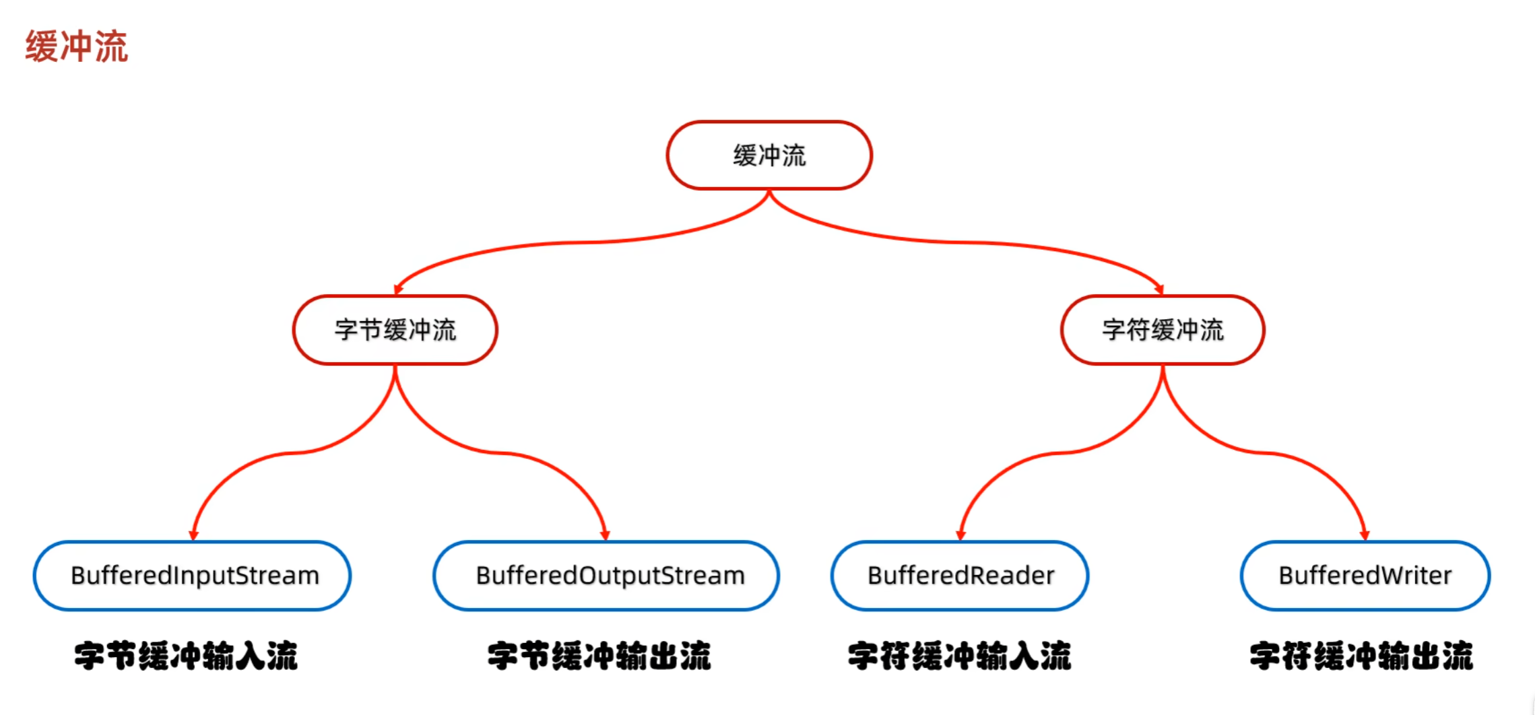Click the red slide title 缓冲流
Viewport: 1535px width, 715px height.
(77, 46)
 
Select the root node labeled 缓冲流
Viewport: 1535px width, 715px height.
(769, 156)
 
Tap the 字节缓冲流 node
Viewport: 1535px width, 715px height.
(395, 330)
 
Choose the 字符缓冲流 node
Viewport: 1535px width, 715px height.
(1163, 330)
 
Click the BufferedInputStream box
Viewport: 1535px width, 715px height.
(193, 576)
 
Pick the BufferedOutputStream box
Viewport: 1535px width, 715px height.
(606, 576)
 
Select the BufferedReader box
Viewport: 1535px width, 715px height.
(960, 576)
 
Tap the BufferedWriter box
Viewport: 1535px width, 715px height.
(1365, 576)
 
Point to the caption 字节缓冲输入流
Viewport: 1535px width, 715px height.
(186, 656)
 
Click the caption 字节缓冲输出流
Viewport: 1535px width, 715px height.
(599, 656)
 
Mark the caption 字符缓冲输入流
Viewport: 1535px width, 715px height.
(959, 656)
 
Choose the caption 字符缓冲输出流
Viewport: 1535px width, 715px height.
(1361, 656)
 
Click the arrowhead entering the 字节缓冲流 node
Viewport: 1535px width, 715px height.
(398, 290)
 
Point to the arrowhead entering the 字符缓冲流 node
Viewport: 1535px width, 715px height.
(1159, 290)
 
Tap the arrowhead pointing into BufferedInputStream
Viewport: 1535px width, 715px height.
(194, 535)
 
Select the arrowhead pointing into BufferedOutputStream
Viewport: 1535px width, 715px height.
(605, 535)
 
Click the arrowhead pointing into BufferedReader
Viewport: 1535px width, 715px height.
(960, 535)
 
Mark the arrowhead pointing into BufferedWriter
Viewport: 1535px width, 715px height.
(1365, 535)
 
